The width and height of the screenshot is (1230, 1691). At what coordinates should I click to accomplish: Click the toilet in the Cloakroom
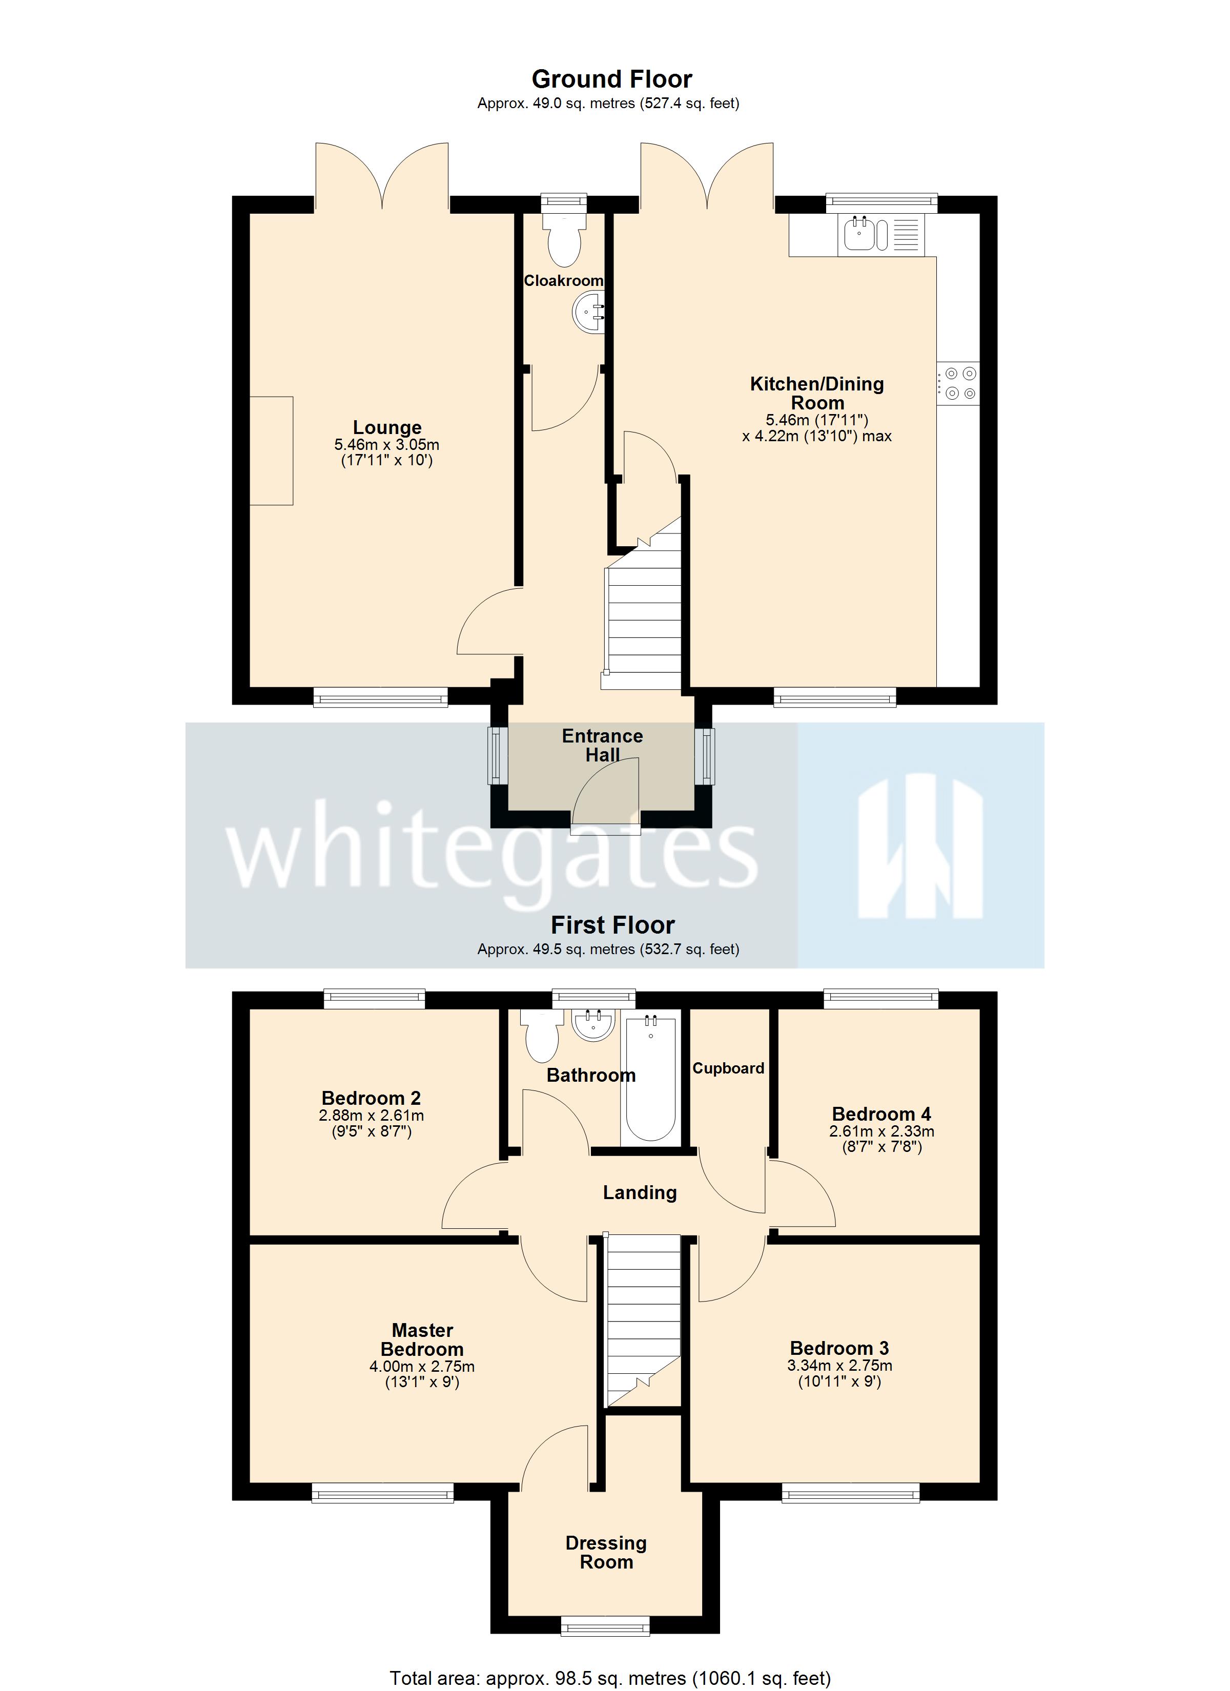point(563,239)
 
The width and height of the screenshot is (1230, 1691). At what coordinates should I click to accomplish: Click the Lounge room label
point(387,427)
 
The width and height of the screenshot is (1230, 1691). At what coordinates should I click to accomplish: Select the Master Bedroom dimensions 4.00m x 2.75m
point(422,1367)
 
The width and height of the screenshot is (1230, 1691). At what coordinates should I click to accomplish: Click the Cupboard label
point(728,1068)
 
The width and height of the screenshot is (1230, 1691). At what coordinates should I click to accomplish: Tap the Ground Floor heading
point(611,79)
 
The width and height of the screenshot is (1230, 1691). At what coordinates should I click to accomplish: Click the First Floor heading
point(612,925)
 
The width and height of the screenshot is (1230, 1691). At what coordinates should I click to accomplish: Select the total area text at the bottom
point(610,1678)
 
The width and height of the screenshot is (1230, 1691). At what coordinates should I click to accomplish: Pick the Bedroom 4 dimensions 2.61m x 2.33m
point(881,1131)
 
